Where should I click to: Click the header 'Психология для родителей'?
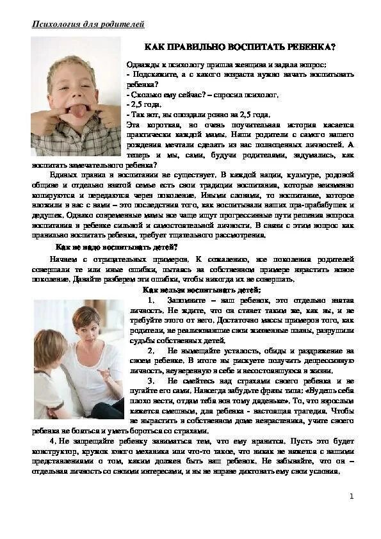click(88, 24)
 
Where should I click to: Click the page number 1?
click(351, 496)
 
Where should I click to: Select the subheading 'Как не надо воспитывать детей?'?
click(116, 246)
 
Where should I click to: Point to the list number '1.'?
click(151, 300)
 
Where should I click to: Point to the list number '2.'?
click(151, 351)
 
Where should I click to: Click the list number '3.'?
click(151, 381)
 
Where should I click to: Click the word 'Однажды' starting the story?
click(145, 65)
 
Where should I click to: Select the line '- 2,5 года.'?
click(144, 104)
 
